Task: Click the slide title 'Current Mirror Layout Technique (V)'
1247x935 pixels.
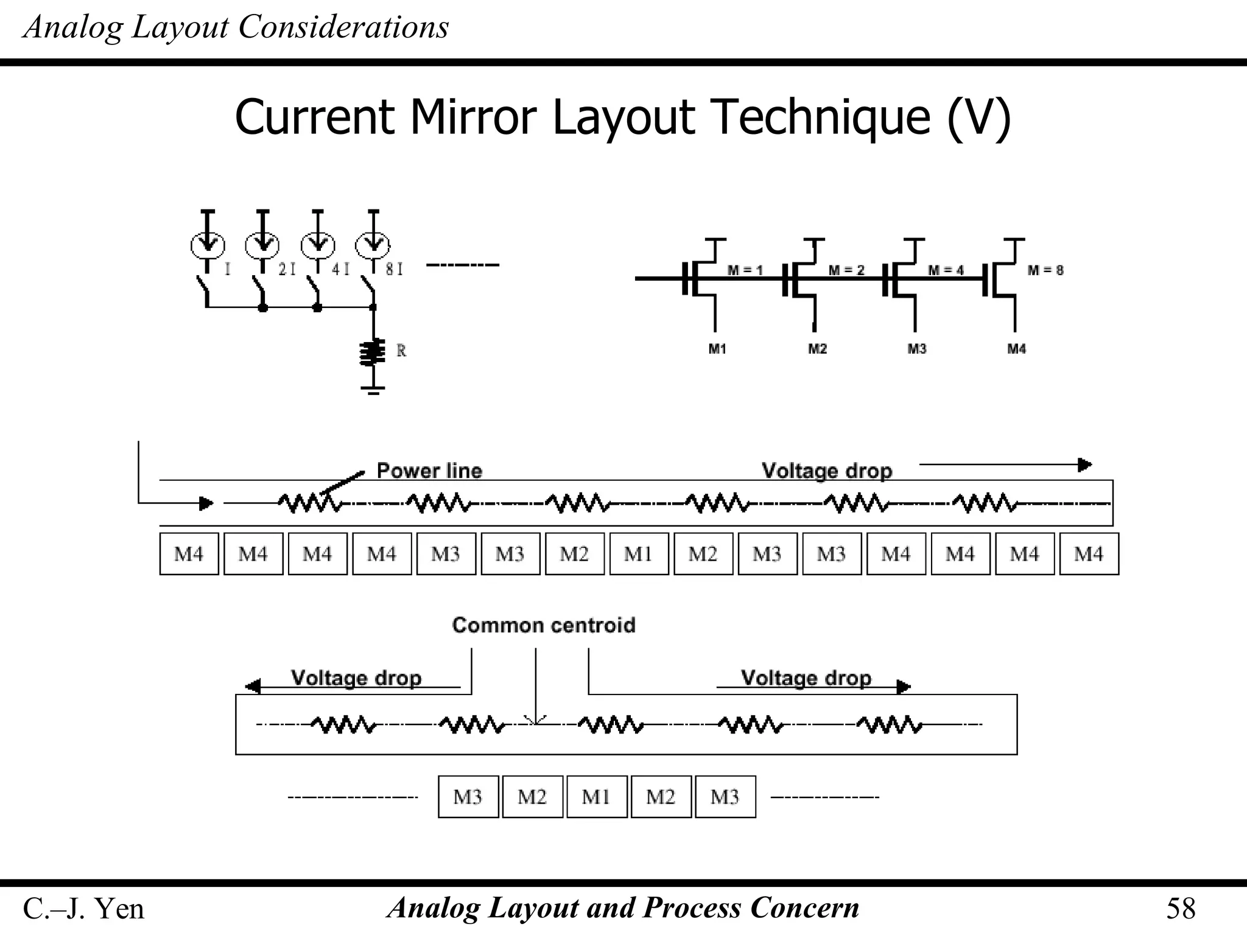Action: (x=622, y=117)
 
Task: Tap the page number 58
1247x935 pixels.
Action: (x=1181, y=909)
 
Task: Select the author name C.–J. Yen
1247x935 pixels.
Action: (x=83, y=909)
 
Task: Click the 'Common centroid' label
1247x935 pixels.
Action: (x=543, y=625)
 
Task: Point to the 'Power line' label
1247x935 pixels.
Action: (x=429, y=471)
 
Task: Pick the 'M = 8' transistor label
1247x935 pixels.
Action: (x=1045, y=270)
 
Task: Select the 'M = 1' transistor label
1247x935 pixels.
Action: (x=745, y=270)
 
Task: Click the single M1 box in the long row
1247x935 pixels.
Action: (x=639, y=554)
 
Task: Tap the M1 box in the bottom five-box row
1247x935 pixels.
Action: (x=597, y=797)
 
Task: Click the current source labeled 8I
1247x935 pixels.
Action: (x=373, y=245)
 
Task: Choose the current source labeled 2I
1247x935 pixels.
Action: (x=262, y=245)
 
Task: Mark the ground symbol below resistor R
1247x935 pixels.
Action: (x=373, y=390)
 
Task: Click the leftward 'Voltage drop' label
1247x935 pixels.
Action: (x=356, y=678)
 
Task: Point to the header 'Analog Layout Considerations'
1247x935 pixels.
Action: (x=236, y=27)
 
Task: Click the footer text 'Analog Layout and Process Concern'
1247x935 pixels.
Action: (x=623, y=908)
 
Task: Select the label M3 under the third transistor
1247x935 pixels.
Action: (x=917, y=349)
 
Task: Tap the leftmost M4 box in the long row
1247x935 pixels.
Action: (x=189, y=554)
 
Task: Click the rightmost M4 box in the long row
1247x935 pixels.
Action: (x=1089, y=554)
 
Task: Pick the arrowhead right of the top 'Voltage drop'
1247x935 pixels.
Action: (x=1084, y=465)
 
